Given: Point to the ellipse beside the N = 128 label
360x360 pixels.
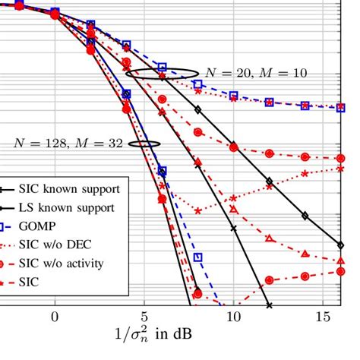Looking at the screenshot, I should (144, 143).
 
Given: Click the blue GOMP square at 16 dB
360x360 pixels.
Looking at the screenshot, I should (341, 107).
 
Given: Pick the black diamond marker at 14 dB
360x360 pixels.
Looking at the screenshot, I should (305, 216).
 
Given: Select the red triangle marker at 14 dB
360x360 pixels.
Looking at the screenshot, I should (305, 253).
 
